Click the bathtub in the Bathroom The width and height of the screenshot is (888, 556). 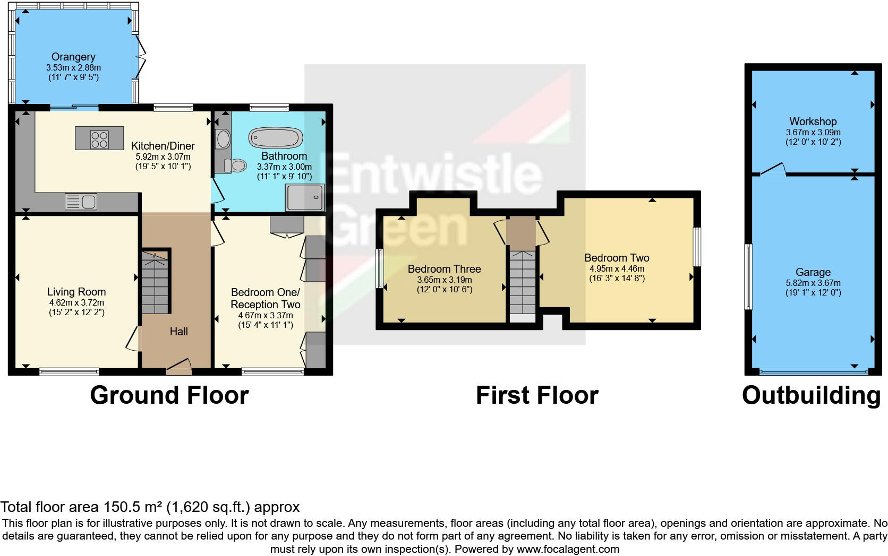(x=276, y=138)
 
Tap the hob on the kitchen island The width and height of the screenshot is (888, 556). (x=99, y=140)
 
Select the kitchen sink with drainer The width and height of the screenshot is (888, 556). (x=81, y=202)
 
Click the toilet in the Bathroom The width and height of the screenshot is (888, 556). (x=236, y=166)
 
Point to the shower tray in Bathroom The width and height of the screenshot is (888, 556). (x=305, y=198)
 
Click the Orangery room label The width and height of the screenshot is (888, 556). (x=73, y=57)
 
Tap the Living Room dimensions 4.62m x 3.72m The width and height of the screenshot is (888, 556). (x=76, y=302)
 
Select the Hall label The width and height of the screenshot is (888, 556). (x=178, y=332)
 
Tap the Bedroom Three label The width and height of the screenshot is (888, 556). (x=444, y=269)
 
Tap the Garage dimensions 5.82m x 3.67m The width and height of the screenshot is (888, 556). (x=813, y=283)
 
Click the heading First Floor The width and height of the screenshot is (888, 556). (x=537, y=396)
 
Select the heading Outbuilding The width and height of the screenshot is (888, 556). (x=811, y=396)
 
